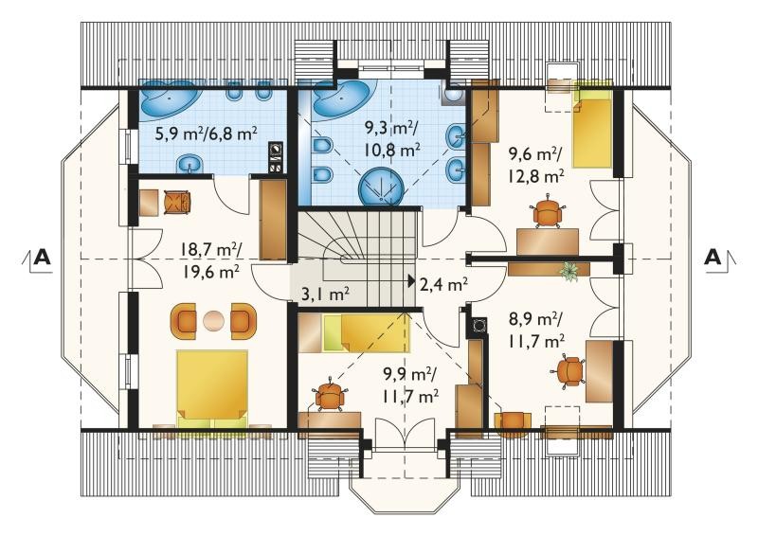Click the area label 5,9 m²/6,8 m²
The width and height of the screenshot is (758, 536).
pos(206,134)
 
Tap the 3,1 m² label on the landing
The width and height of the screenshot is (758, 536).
pos(325,294)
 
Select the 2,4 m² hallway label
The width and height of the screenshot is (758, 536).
pos(443,284)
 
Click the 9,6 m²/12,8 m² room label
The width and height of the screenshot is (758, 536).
pos(535,166)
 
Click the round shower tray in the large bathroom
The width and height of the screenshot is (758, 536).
pos(382,185)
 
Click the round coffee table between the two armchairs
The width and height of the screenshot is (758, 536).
pos(213,321)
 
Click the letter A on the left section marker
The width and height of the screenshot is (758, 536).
pos(43,258)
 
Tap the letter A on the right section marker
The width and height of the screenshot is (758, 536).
pos(713,258)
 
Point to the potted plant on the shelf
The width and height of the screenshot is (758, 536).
pos(570,272)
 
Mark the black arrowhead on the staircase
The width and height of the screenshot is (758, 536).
pos(411,280)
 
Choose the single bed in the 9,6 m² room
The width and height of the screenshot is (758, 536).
pos(592,124)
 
